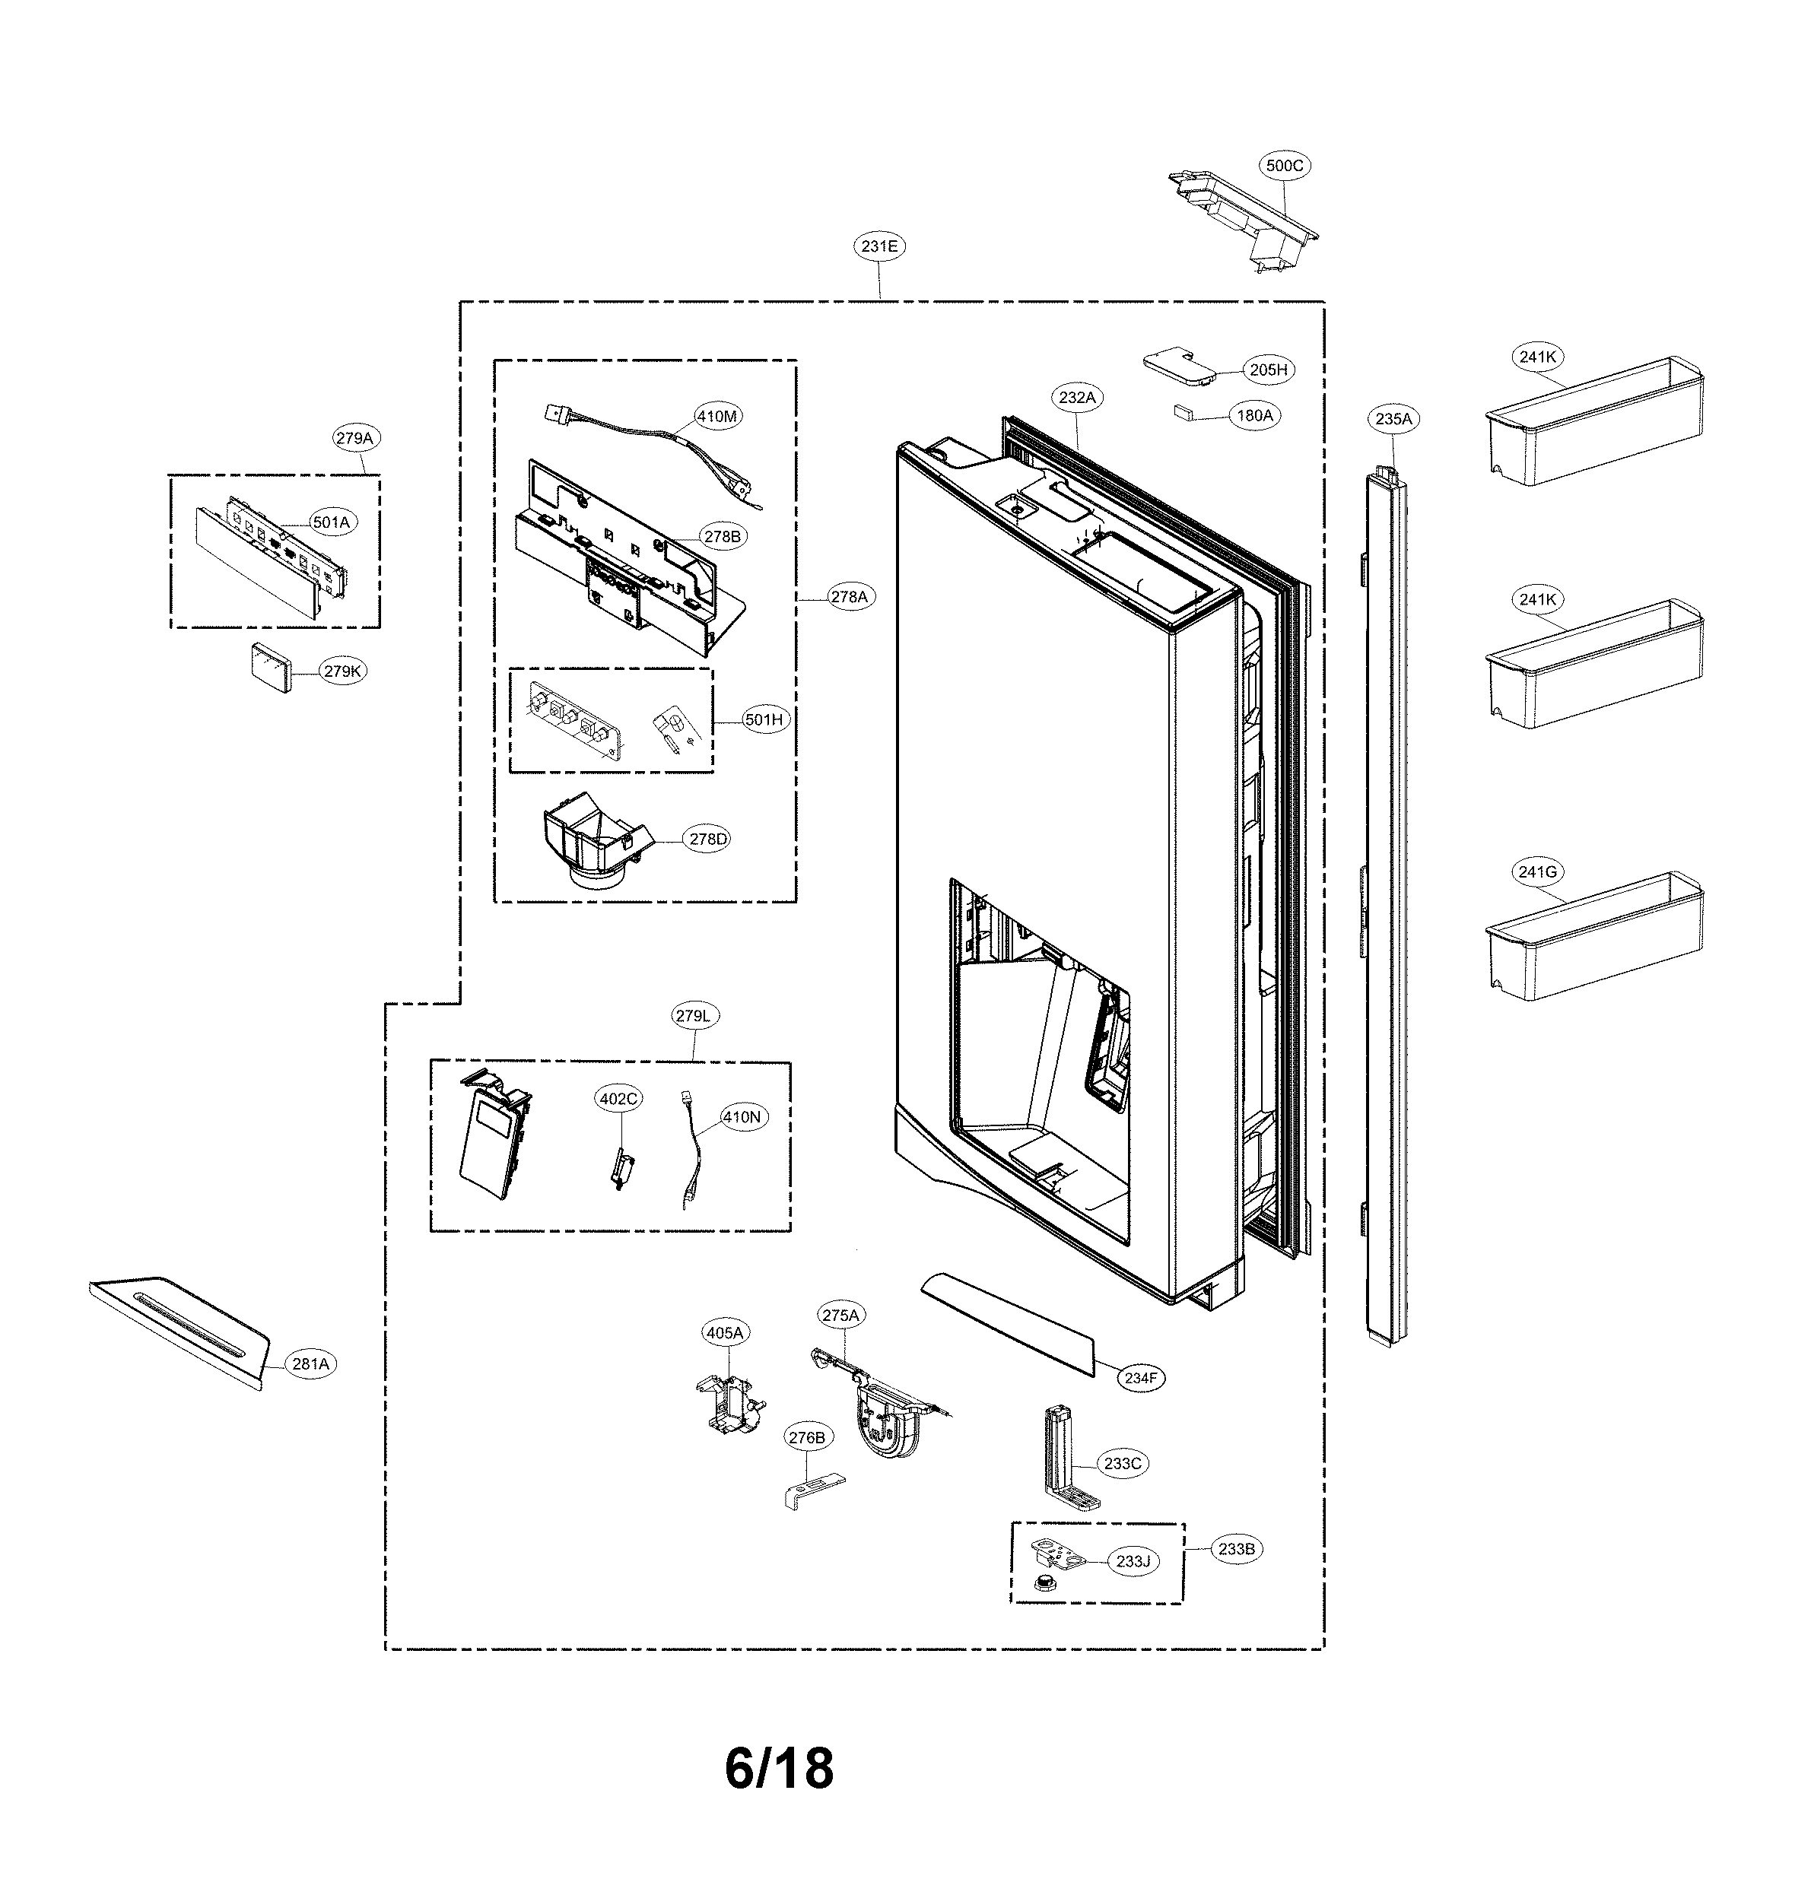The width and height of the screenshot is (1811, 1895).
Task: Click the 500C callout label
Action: click(1284, 166)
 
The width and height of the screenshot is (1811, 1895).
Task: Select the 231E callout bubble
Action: click(879, 247)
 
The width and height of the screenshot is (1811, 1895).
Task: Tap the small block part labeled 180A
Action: click(1184, 412)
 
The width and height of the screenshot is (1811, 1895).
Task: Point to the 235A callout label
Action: click(1393, 419)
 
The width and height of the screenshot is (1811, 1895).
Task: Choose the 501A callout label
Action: click(331, 522)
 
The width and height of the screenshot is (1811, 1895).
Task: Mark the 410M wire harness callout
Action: click(717, 417)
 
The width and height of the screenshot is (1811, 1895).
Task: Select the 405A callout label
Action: click(725, 1333)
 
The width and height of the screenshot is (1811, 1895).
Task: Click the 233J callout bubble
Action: click(1133, 1561)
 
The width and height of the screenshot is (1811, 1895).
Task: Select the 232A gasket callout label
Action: click(1077, 398)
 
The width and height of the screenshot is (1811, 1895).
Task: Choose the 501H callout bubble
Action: click(763, 720)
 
